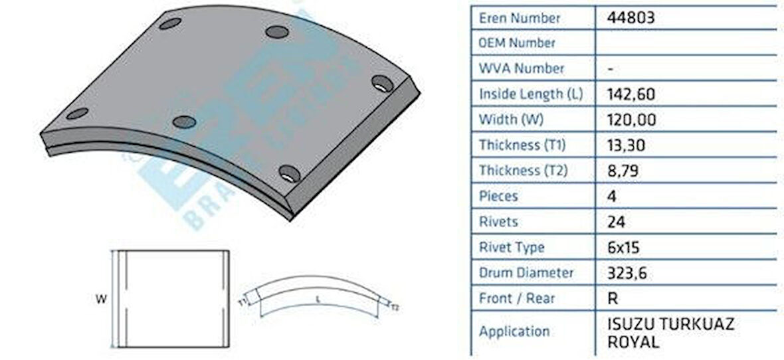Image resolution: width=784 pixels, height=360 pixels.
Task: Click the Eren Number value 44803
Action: pos(631,18)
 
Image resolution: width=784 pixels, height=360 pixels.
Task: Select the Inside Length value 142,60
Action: pos(631,94)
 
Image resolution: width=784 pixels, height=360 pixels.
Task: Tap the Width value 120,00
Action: pos(631,120)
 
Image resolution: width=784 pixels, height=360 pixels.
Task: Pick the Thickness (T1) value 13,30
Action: pos(627,145)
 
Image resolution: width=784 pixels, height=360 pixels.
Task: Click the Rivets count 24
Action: pos(616,222)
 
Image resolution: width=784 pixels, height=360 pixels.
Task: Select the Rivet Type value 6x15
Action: pos(623,247)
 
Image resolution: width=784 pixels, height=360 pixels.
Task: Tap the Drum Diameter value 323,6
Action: pos(627,272)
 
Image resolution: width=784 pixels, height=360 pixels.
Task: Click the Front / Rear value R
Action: pos(613,298)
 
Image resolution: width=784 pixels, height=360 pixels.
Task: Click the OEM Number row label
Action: pos(517,43)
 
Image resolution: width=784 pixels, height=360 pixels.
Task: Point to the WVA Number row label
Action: pos(522,68)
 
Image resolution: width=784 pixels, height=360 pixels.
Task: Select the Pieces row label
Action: pos(498,197)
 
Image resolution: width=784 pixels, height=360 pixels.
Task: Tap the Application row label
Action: pos(514,331)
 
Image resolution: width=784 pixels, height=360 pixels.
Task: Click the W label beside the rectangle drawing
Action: pos(101,300)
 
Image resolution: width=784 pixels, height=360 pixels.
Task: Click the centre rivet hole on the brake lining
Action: pos(184,122)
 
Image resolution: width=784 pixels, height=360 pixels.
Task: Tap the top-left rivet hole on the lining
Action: pos(170,24)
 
